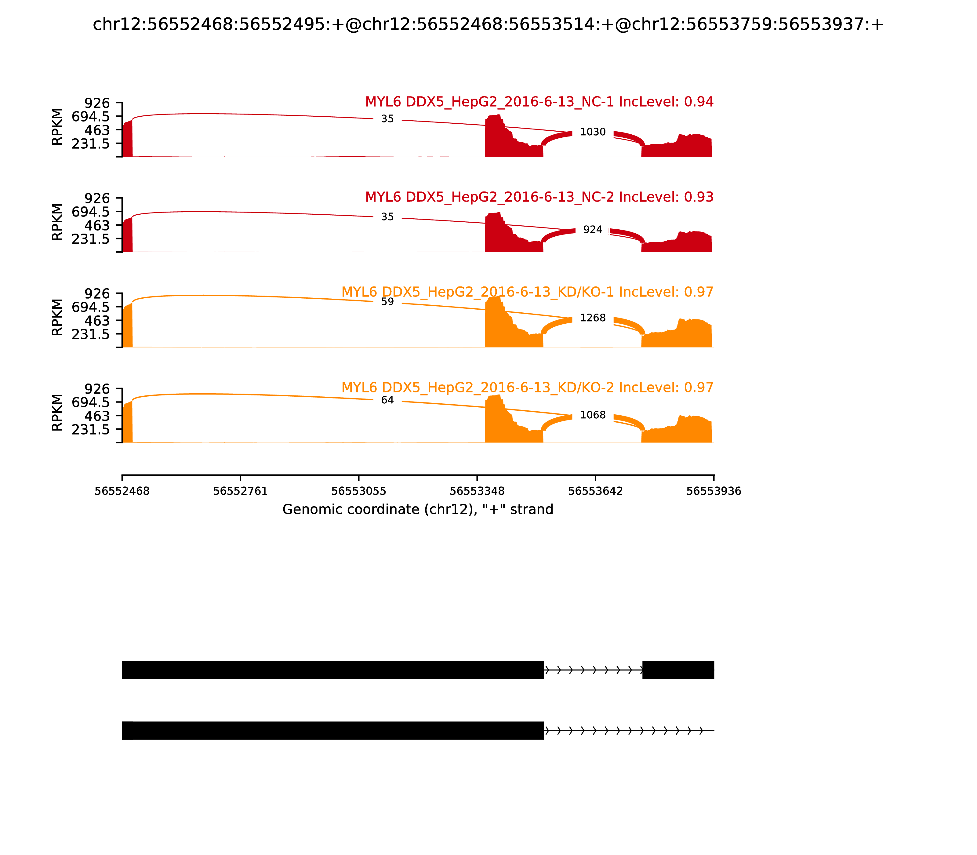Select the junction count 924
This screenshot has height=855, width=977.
point(593,230)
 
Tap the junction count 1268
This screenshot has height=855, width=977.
point(593,318)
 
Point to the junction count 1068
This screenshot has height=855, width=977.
point(593,415)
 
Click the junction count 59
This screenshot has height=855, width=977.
point(387,302)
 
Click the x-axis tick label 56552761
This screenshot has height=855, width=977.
point(241,491)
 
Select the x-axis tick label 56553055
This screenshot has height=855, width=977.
point(359,491)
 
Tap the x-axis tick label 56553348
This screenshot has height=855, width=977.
point(477,491)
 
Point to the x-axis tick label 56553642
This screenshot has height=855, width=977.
point(595,491)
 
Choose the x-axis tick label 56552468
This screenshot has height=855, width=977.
point(122,491)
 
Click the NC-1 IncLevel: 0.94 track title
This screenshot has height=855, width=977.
point(539,102)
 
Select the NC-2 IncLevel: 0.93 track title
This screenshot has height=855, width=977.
point(539,197)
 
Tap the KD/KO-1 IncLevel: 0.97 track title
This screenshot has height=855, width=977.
point(527,292)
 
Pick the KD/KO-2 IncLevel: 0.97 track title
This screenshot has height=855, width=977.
point(527,387)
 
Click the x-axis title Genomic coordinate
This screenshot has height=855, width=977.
point(418,510)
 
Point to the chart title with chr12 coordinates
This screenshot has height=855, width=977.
point(488,25)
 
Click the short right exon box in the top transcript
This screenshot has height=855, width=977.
point(678,670)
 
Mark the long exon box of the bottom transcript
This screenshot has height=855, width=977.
point(332,730)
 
